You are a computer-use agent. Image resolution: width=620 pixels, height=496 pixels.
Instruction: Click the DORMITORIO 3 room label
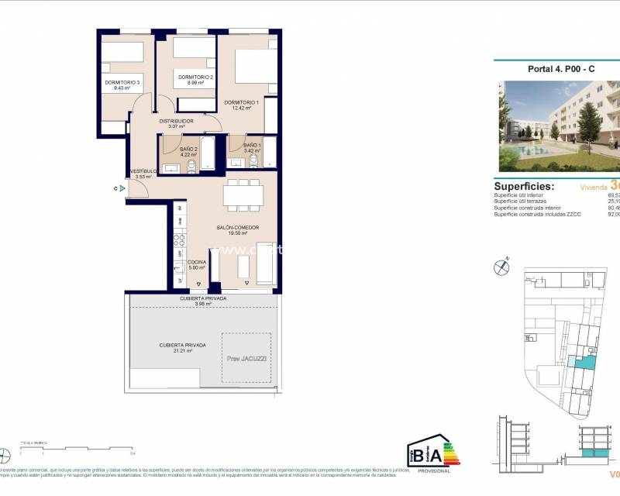pos(122,83)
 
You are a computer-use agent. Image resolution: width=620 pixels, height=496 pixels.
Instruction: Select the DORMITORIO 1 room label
pos(241,102)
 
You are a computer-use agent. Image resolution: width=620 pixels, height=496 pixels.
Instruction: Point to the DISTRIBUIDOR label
pos(176,121)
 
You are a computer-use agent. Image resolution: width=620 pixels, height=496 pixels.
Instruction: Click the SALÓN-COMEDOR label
pos(237,227)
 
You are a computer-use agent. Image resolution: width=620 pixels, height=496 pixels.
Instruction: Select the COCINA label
pos(197,263)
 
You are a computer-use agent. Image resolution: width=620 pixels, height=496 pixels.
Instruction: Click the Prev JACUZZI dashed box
pos(246,357)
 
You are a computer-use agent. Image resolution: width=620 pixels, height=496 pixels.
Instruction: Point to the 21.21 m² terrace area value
pos(182,351)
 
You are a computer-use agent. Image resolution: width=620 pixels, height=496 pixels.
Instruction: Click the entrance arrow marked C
pos(122,188)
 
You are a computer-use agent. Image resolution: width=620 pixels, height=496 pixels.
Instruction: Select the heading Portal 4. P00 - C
pos(561,69)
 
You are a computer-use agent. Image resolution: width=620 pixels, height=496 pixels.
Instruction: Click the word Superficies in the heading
pos(524,186)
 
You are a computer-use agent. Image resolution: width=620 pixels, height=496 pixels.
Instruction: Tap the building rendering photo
pos(558,126)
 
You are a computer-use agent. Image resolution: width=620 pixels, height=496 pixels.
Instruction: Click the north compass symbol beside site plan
pos(502,267)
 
